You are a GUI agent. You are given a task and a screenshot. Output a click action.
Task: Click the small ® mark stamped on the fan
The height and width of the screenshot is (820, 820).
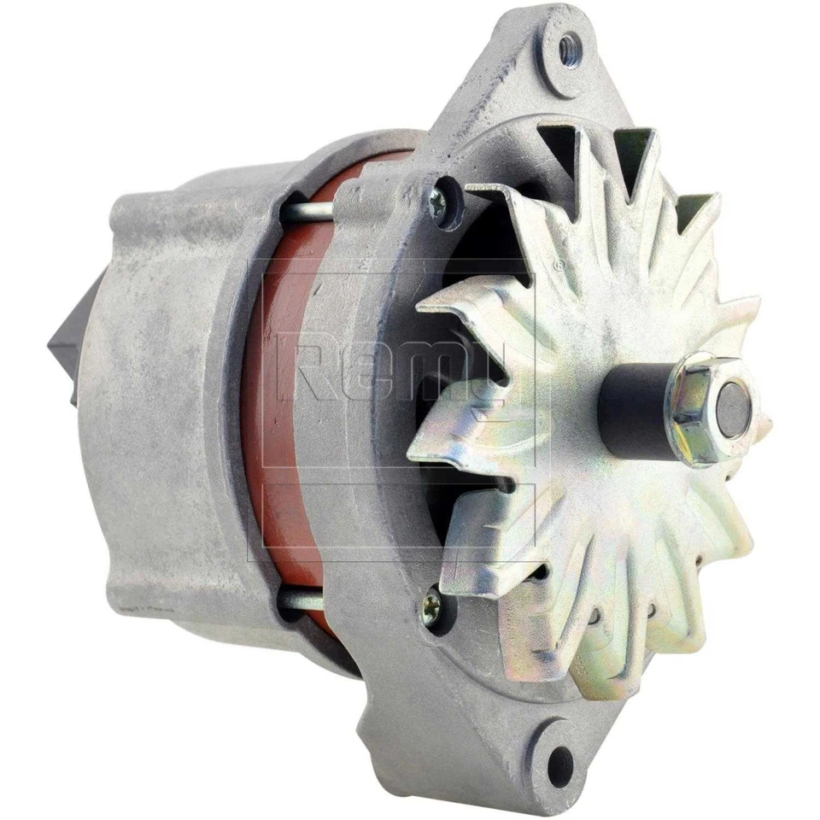(x=559, y=266)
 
